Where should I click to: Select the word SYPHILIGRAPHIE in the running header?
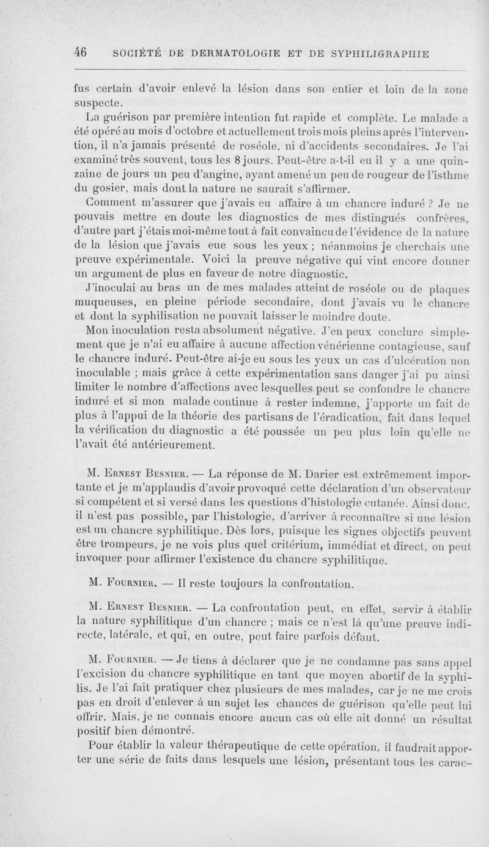click(x=381, y=53)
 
